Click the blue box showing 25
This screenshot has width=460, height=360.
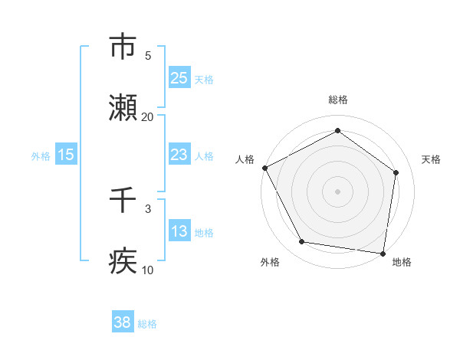tap(179, 77)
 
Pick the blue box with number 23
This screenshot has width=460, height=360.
tap(179, 155)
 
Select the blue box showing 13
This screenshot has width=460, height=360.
tap(179, 231)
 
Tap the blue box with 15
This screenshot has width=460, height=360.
tap(66, 155)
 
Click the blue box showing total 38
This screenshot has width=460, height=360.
tap(123, 322)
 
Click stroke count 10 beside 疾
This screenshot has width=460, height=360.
tap(147, 270)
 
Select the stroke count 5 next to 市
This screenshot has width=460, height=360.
tap(148, 55)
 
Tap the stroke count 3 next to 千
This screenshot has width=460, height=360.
tap(148, 208)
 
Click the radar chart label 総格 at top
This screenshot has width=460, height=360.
tap(337, 100)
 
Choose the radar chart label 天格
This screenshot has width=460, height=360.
tap(431, 159)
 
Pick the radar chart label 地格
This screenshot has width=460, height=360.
tap(402, 263)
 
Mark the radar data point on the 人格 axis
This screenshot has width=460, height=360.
tap(264, 168)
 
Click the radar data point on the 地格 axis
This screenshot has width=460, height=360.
tap(383, 253)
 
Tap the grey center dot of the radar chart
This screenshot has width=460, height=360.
tap(337, 191)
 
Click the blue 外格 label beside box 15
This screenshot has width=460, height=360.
tap(41, 156)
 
